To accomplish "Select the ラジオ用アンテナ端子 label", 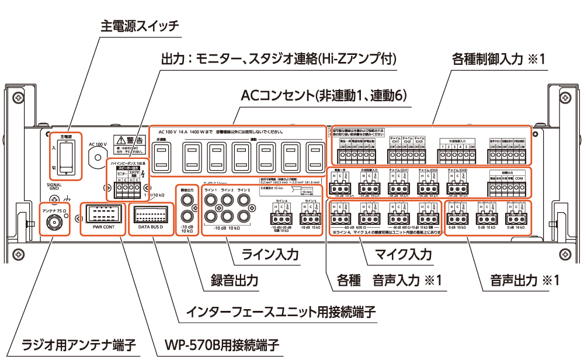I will click(x=78, y=344).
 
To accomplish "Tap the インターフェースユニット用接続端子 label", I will click(x=280, y=311).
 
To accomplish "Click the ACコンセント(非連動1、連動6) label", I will click(x=323, y=95).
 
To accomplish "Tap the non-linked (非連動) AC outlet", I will click(x=163, y=157).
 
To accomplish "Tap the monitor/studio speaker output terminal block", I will click(x=128, y=188).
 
